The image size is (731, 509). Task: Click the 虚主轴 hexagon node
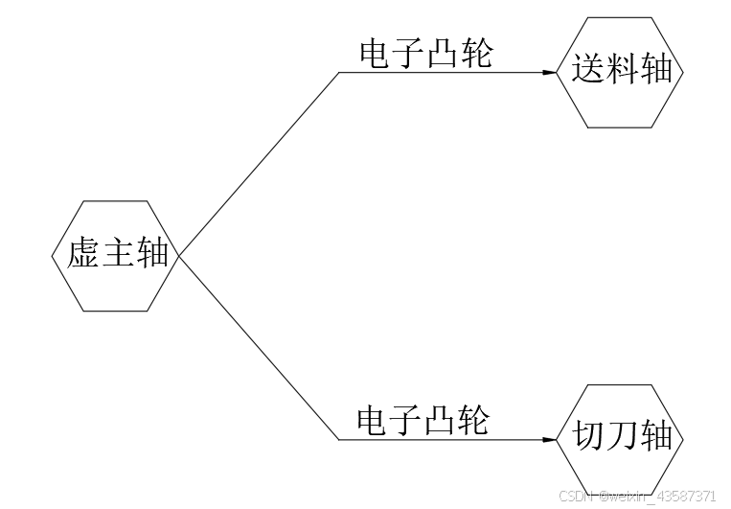(x=116, y=256)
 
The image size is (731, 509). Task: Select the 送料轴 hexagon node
(x=622, y=72)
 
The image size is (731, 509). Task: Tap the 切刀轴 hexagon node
(x=622, y=439)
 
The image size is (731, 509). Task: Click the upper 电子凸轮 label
(x=425, y=54)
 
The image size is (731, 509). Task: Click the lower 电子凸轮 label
(x=423, y=420)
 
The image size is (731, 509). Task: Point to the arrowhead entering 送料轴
(x=549, y=73)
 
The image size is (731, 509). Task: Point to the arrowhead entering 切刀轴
(x=549, y=440)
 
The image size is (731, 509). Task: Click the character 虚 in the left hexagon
(x=83, y=255)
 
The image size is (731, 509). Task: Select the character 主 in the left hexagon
(x=117, y=255)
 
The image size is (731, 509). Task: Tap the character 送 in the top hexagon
(x=588, y=70)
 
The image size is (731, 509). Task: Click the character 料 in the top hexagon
(x=622, y=70)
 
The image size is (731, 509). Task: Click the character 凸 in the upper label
(x=442, y=54)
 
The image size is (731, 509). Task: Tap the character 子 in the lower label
(x=406, y=420)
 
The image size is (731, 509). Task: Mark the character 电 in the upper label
(x=376, y=54)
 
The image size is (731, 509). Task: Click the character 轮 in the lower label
(x=472, y=420)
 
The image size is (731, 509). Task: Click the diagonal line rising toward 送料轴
(x=259, y=163)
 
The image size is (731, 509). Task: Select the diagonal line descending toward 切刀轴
(x=259, y=349)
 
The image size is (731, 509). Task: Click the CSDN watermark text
(x=636, y=496)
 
